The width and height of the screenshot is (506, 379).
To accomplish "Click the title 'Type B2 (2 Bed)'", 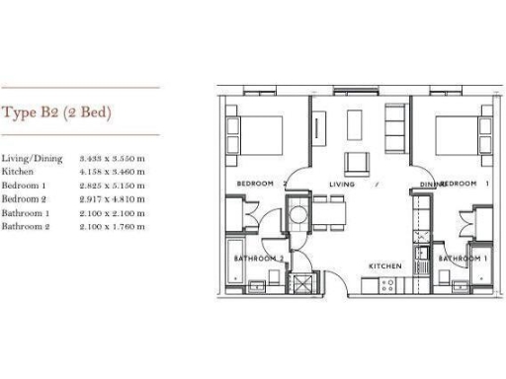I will pyautogui.click(x=55, y=113).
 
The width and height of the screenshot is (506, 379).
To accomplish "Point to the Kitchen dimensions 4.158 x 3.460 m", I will pyautogui.click(x=115, y=172).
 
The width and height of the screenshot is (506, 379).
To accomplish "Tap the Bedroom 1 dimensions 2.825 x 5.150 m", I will pyautogui.click(x=115, y=186).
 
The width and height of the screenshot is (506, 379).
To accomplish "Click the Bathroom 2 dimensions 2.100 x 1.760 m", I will pyautogui.click(x=115, y=227).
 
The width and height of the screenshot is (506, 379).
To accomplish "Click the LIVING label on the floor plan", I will pyautogui.click(x=342, y=185).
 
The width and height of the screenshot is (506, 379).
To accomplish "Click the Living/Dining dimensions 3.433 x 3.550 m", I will pyautogui.click(x=115, y=158).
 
